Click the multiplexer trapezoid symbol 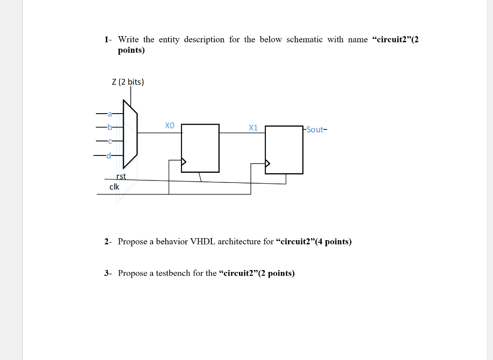point(130,133)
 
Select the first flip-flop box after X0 point(200,148)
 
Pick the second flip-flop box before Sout point(284,150)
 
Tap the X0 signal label point(169,126)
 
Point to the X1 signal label point(253,128)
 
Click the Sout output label point(315,129)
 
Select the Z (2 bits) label point(128,82)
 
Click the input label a point(110,114)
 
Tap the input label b point(110,128)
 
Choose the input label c point(110,141)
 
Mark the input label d point(109,155)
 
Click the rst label point(121,176)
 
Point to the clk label point(114,186)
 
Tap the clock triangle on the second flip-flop point(268,164)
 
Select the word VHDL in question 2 point(203,242)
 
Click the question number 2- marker point(108,242)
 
